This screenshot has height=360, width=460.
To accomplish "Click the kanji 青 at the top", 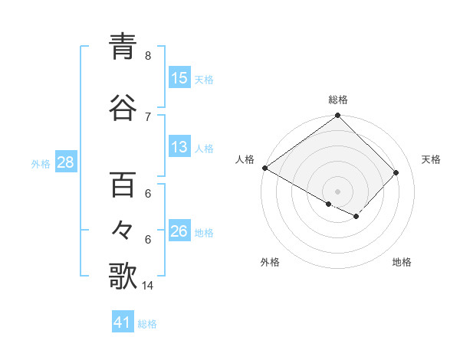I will coord(123,47).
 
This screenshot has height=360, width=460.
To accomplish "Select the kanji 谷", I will coord(123,107).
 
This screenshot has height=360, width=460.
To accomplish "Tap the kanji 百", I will coord(123,185).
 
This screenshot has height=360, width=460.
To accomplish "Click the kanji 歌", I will coord(123,276).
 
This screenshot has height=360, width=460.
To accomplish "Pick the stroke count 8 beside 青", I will coord(147,56).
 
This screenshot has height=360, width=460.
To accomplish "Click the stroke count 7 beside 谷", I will coord(147,116).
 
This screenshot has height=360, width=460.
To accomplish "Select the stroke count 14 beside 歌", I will coord(147,286).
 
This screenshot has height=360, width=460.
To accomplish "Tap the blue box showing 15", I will coord(179,78).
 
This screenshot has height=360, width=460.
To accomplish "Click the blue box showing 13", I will coord(179,147).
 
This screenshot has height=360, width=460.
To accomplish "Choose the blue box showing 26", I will coord(179,231).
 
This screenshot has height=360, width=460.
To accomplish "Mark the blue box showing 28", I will coord(65,163).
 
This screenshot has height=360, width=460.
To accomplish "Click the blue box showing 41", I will coord(123,322).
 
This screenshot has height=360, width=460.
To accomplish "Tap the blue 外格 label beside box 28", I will coord(41,164).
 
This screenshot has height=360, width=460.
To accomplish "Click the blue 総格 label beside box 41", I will coord(147,324).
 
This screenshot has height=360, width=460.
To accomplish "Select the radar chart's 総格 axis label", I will coord(338,100).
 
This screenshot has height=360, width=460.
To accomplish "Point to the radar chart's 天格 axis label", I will coord(431,159).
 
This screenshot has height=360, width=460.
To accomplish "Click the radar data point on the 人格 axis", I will coord(264,168).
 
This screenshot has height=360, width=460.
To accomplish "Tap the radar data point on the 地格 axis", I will coord(356,217).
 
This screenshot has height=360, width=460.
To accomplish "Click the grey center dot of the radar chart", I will coord(337,191).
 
